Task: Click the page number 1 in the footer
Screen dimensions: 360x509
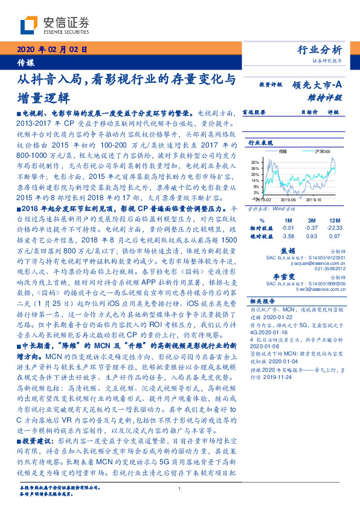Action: coord(179,489)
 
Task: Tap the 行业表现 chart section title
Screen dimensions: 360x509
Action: coord(260,143)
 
